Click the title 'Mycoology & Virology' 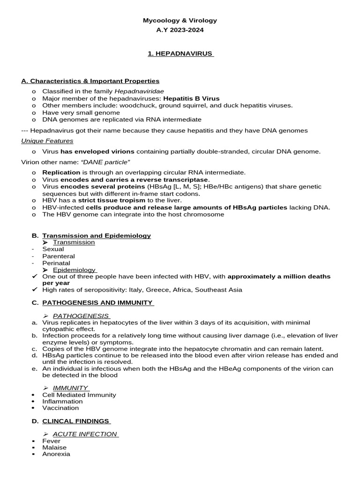click(180, 21)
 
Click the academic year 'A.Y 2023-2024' click(180, 30)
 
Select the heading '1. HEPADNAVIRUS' click(180, 54)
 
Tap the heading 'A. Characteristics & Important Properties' click(90, 81)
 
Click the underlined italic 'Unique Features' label click(47, 141)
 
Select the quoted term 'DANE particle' click(105, 162)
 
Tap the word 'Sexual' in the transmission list click(53, 249)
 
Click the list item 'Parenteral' click(59, 256)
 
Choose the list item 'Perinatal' click(56, 263)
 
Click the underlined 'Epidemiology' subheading click(74, 270)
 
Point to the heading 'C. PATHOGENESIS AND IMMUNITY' click(97, 303)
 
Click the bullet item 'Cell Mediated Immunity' click(79, 395)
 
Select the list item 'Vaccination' click(60, 408)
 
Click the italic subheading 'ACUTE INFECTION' click(85, 434)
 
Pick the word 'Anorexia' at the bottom click(56, 454)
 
